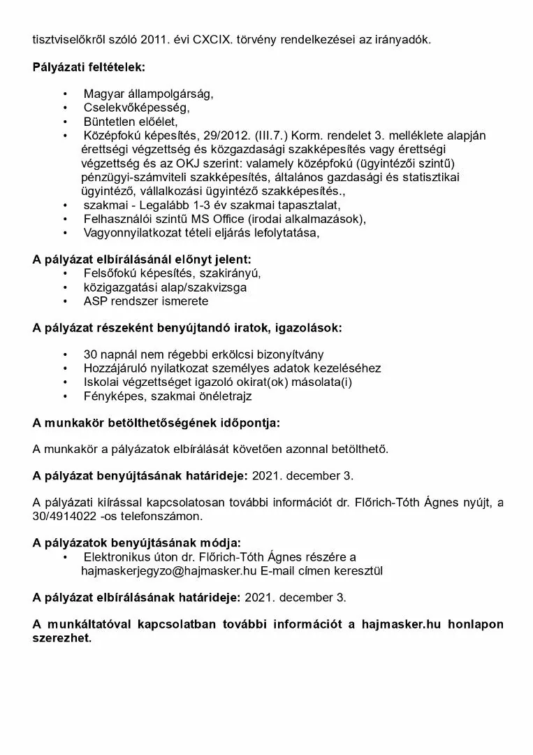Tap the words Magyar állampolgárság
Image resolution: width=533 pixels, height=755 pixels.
[x=148, y=94]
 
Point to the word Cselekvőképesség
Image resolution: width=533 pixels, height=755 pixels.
[x=136, y=108]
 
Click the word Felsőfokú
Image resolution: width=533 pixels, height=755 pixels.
[x=112, y=273]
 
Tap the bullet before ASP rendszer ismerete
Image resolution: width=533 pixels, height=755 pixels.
[x=66, y=301]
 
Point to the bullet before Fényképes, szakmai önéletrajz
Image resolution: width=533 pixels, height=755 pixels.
[x=66, y=396]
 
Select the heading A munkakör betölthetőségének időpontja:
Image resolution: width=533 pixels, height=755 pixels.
[x=156, y=422]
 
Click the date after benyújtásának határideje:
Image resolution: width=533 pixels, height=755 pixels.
[x=302, y=476]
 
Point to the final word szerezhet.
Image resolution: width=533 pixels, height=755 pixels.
[x=61, y=638]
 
